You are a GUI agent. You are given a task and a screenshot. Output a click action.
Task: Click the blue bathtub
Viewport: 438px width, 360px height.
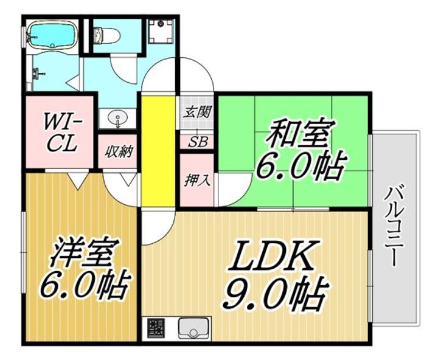coord(52,35)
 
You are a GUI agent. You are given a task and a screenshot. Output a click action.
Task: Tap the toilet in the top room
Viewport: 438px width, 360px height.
coord(106,35)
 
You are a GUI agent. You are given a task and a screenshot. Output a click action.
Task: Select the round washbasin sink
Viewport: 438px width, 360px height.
coord(117,117)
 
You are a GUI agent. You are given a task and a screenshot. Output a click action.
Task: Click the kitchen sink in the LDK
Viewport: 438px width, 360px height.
coord(193,329)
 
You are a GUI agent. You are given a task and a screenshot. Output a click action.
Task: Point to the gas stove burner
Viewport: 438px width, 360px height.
coord(156,328)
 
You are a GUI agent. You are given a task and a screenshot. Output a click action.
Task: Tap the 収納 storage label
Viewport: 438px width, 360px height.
coord(118,152)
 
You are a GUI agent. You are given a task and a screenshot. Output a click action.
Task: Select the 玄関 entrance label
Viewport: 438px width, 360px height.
coord(196,112)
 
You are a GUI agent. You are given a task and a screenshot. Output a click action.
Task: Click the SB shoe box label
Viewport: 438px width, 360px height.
coord(198,142)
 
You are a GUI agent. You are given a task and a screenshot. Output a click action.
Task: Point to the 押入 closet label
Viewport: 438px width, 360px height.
coord(196,181)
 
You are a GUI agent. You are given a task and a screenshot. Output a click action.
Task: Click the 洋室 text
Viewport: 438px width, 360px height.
coord(85,253)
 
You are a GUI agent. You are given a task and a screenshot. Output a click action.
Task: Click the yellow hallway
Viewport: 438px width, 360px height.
coord(158,151)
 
